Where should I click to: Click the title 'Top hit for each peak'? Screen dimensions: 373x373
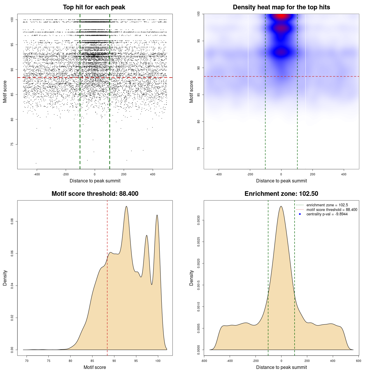(94, 7)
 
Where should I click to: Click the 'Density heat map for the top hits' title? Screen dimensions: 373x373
(281, 7)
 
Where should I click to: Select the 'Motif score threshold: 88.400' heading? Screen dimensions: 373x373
(95, 194)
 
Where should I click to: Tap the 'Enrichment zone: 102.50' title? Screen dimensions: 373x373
(281, 194)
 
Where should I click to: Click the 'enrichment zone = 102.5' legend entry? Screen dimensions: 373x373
(327, 205)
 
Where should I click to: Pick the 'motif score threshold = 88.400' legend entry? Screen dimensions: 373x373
(332, 210)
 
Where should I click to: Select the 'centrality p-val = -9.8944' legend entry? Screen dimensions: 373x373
(327, 214)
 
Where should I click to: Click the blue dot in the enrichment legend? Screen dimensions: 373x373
(300, 214)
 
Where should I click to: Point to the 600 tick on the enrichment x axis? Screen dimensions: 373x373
(358, 361)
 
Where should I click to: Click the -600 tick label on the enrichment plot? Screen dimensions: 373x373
(204, 361)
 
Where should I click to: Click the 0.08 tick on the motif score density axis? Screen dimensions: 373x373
(12, 222)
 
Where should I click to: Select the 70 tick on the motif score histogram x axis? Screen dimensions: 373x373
(27, 361)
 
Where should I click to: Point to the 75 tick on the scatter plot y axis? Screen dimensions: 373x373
(12, 144)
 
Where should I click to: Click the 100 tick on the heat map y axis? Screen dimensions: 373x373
(198, 14)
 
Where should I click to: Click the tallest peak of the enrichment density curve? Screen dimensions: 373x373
(281, 206)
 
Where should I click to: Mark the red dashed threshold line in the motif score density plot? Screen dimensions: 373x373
(107, 277)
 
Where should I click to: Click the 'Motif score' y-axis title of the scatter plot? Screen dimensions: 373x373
(5, 92)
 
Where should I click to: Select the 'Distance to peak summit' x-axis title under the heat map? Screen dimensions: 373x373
(281, 181)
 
